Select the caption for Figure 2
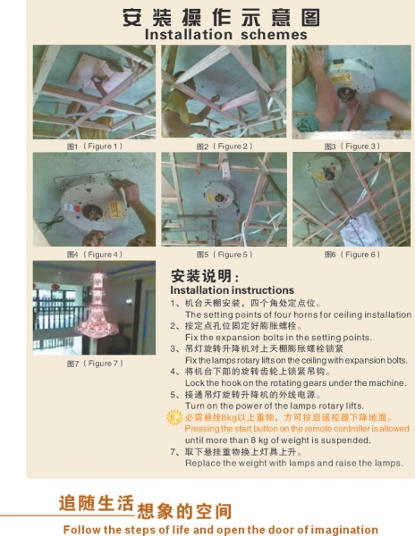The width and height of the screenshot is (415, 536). point(224,146)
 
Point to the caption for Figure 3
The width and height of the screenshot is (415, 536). point(351,146)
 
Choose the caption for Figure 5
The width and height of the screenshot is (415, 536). point(224,254)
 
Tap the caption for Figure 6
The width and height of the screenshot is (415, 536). point(351,254)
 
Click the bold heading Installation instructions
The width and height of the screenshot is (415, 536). point(232,290)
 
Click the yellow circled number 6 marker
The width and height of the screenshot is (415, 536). point(174,417)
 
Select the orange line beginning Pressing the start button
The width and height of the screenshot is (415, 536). point(296,429)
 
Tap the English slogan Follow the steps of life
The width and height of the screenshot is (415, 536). point(220,529)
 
